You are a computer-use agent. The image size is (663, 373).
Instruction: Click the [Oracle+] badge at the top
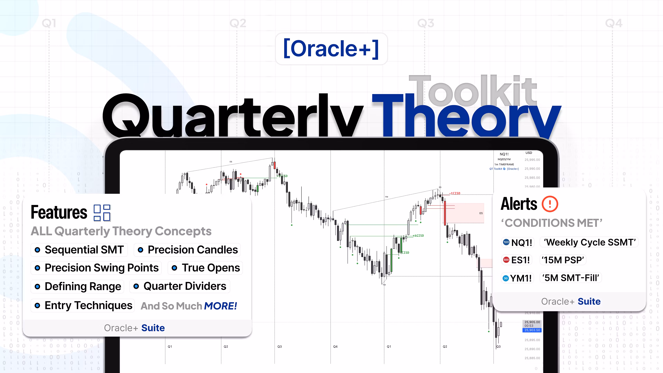pyautogui.click(x=331, y=49)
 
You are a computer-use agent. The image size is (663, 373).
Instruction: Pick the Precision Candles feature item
pyautogui.click(x=187, y=250)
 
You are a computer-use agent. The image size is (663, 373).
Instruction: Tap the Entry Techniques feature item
pyautogui.click(x=83, y=305)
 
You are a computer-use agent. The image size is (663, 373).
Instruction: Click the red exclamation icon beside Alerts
pyautogui.click(x=550, y=204)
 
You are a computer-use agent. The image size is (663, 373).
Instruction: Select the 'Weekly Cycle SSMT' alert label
pyautogui.click(x=589, y=242)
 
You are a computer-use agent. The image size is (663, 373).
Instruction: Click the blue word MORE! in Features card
pyautogui.click(x=220, y=306)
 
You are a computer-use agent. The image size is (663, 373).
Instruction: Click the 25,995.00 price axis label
pyautogui.click(x=532, y=160)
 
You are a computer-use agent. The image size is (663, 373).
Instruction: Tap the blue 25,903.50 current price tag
pyautogui.click(x=532, y=330)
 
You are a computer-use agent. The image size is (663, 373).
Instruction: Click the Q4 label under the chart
pyautogui.click(x=335, y=346)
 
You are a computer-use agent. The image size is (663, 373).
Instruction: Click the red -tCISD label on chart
pyautogui.click(x=455, y=193)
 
